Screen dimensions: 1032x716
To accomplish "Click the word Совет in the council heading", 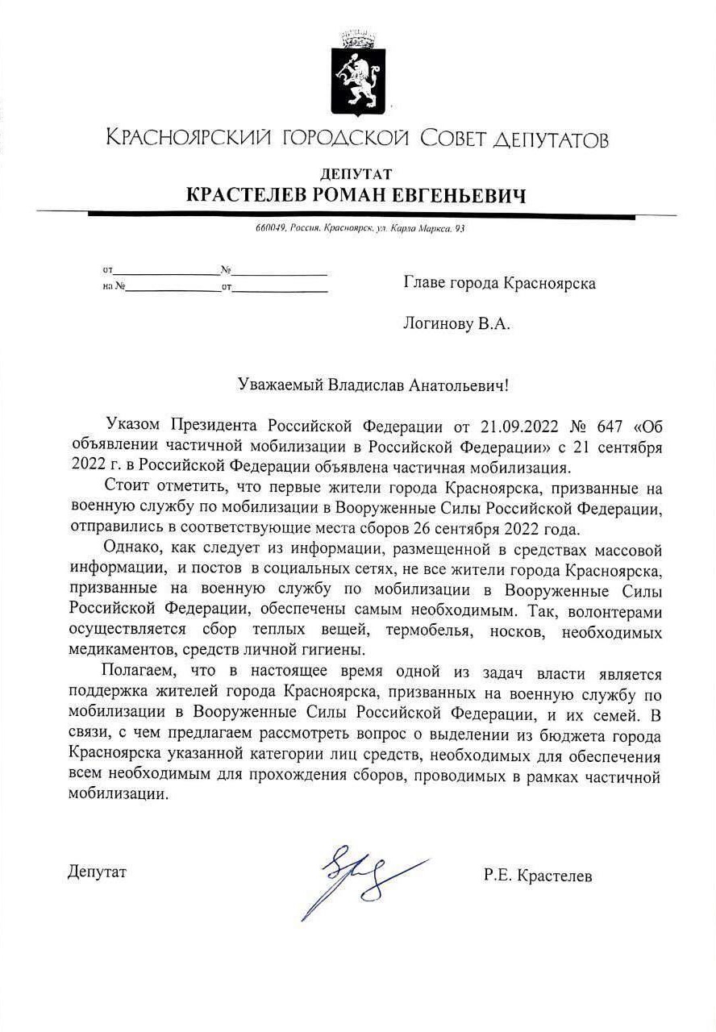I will [x=452, y=139].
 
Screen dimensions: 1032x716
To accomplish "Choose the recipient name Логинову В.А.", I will [x=457, y=324].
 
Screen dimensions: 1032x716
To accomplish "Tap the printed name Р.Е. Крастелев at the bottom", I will [x=538, y=876].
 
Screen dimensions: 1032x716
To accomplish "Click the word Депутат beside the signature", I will [x=98, y=872].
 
